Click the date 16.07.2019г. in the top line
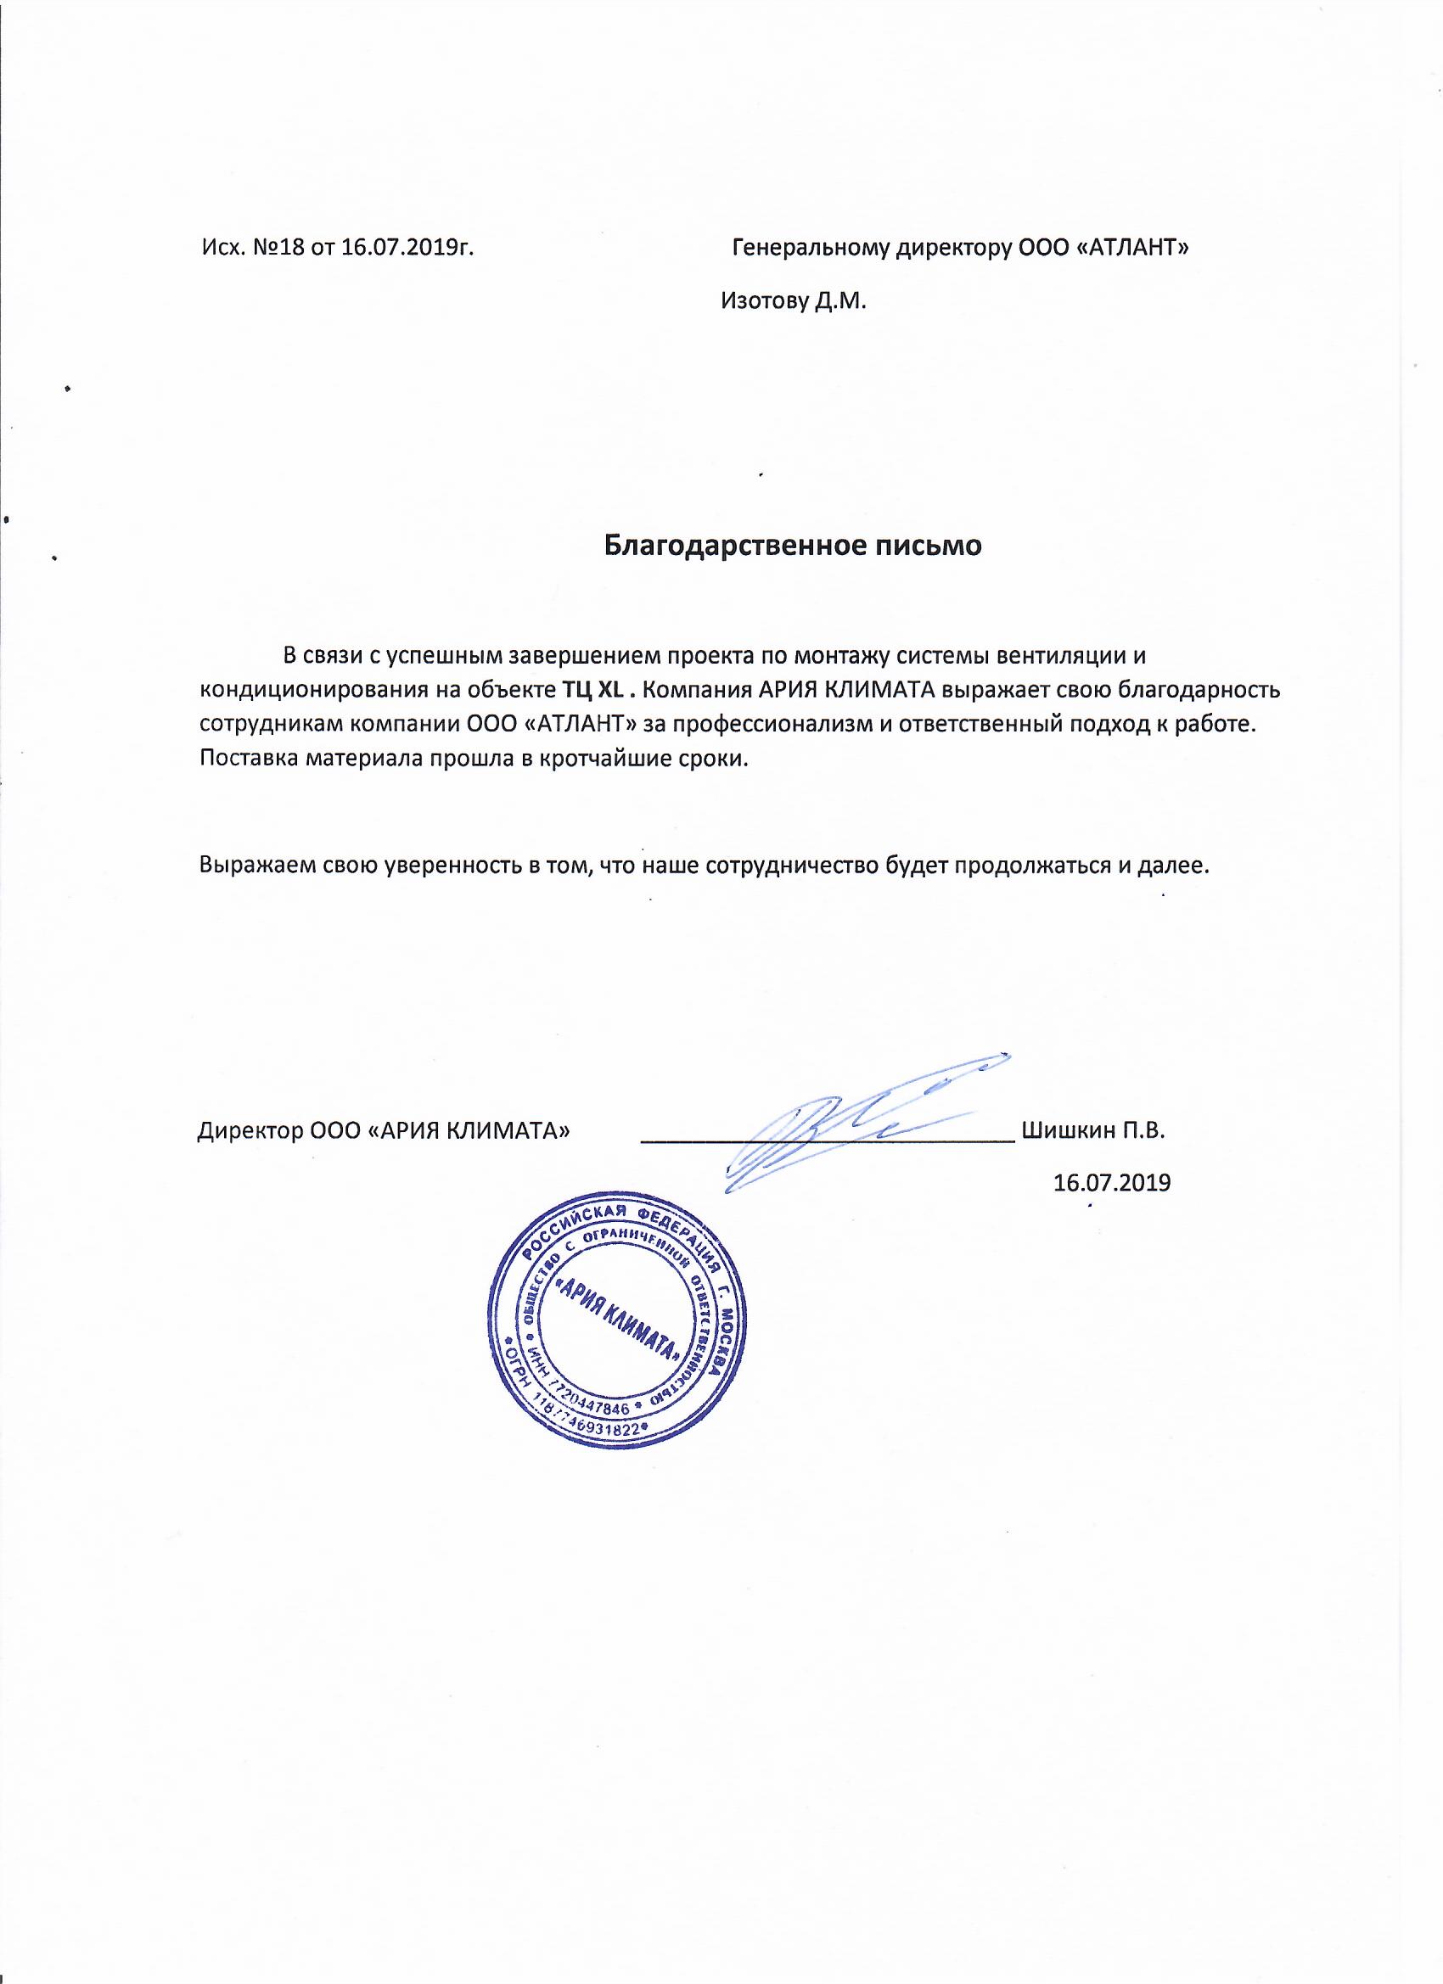(x=407, y=249)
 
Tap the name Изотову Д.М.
(x=793, y=302)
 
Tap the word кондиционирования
(x=312, y=689)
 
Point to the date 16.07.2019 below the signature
(x=1112, y=1183)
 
